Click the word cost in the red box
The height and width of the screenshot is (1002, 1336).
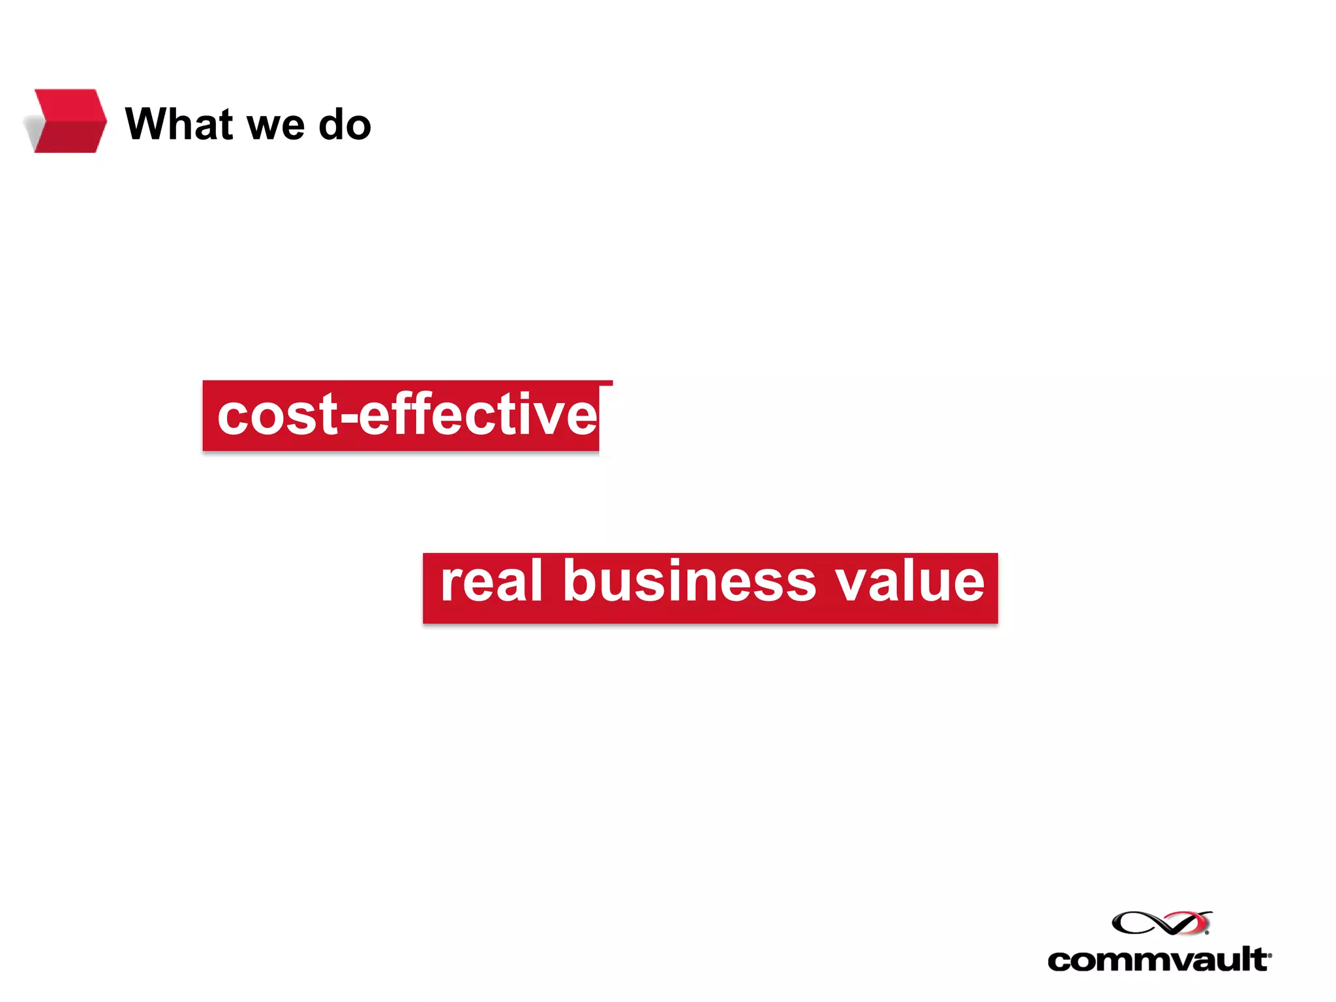(278, 416)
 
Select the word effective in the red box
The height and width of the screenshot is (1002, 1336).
(478, 416)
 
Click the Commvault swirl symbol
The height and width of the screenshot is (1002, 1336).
(1161, 922)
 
